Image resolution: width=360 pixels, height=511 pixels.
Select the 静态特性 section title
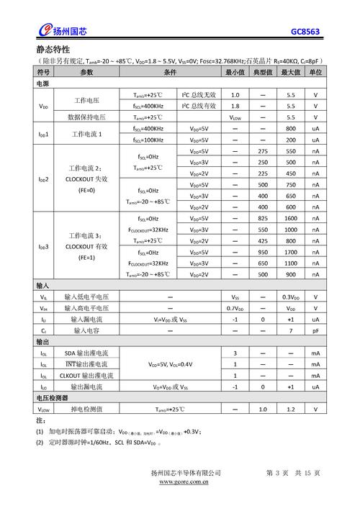(x=53, y=50)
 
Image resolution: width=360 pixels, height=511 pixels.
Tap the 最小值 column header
(x=235, y=73)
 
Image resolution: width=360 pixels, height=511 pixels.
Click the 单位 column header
(x=315, y=73)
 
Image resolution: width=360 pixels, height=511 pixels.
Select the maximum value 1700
(x=291, y=252)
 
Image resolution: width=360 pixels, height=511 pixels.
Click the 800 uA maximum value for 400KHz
(x=291, y=128)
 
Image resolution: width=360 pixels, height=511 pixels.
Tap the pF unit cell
(x=315, y=330)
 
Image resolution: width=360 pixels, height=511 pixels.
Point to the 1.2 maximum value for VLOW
(x=291, y=409)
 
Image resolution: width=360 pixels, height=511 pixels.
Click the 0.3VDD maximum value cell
(x=291, y=297)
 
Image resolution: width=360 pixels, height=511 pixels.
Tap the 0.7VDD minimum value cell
(x=235, y=308)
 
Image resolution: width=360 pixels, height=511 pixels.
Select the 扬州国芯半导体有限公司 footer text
(x=186, y=472)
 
